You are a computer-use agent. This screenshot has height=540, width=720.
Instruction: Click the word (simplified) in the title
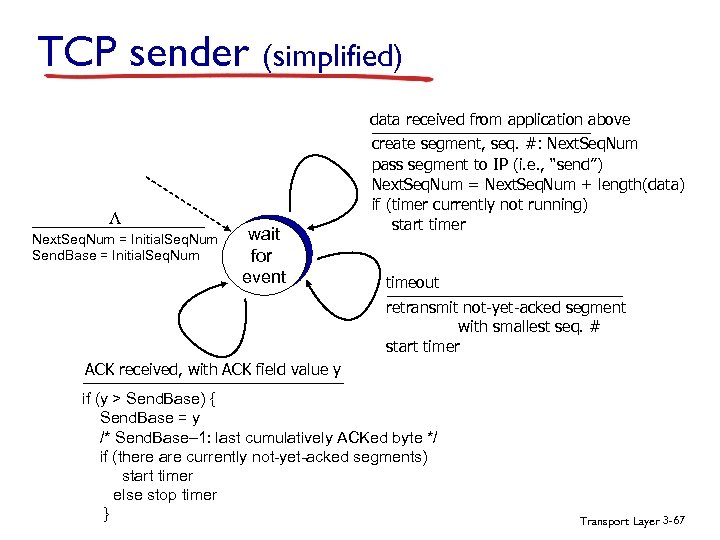point(332,55)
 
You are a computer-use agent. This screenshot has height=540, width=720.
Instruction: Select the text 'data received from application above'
point(500,119)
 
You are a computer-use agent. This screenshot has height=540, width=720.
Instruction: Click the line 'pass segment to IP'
point(487,164)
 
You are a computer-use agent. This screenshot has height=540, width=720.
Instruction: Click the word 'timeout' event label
point(412,283)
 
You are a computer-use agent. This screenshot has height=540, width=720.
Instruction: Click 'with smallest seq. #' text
point(528,327)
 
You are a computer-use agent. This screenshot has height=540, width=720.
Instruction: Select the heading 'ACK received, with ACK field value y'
point(212,370)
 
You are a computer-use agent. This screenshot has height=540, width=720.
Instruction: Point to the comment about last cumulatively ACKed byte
point(268,438)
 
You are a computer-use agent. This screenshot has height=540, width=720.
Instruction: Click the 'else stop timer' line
point(164,495)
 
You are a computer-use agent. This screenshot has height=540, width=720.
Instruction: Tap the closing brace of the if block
point(106,514)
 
